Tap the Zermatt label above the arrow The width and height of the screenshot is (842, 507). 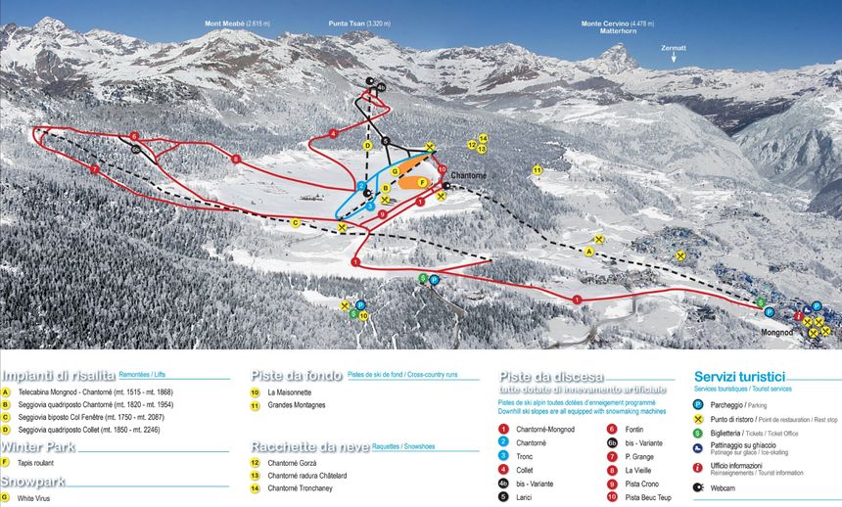tap(674, 47)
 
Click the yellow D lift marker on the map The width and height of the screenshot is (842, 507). tap(367, 145)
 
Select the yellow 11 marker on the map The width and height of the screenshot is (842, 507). tap(538, 170)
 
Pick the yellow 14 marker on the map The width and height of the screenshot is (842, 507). tap(483, 138)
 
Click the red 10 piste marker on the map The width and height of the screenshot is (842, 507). tap(442, 170)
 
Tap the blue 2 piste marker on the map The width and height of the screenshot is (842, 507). tap(361, 185)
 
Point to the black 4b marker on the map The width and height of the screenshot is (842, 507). tap(380, 88)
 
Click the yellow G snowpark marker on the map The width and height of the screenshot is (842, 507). tap(395, 171)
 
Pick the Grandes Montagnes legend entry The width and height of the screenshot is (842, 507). tap(297, 404)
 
